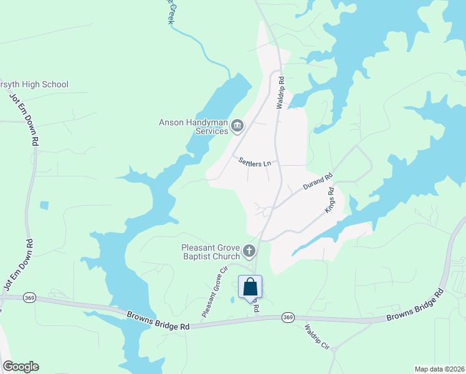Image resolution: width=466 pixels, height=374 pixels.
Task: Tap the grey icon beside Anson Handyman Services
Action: pyautogui.click(x=237, y=127)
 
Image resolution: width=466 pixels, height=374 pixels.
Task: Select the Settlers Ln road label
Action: pyautogui.click(x=255, y=162)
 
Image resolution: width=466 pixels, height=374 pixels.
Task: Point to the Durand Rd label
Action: pyautogui.click(x=318, y=182)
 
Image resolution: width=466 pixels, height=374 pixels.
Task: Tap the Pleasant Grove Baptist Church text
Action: pyautogui.click(x=211, y=252)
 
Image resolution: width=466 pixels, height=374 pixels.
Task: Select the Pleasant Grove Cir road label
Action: pyautogui.click(x=212, y=292)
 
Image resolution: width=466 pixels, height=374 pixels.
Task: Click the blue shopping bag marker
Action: pyautogui.click(x=250, y=288)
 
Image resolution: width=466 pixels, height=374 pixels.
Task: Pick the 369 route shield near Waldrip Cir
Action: pyautogui.click(x=287, y=317)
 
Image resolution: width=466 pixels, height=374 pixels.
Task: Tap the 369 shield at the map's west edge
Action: pyautogui.click(x=29, y=298)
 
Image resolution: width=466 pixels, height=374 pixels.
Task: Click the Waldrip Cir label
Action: pyautogui.click(x=318, y=337)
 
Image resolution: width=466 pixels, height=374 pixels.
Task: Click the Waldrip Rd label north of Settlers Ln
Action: pyautogui.click(x=281, y=93)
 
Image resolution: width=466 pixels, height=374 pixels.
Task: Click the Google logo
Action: pyautogui.click(x=21, y=367)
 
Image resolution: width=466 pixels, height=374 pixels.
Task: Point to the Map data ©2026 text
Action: pyautogui.click(x=439, y=368)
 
